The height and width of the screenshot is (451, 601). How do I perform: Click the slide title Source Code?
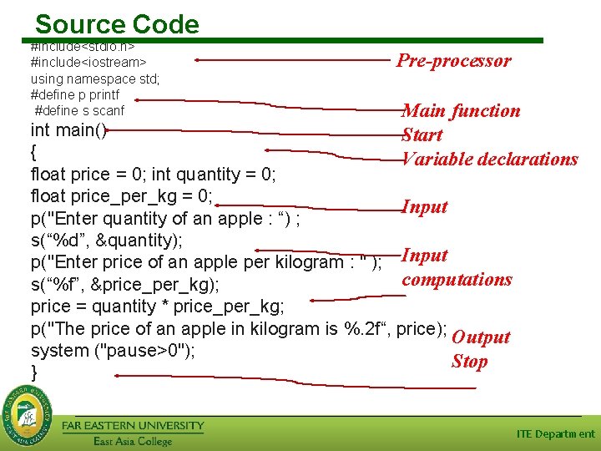tap(117, 24)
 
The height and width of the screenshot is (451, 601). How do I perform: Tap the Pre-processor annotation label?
tap(453, 60)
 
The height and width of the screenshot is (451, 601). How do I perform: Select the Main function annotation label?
tap(461, 110)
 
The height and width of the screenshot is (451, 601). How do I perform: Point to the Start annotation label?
tap(422, 134)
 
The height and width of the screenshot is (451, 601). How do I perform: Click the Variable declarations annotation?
tap(490, 159)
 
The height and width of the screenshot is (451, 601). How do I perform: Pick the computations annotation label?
tap(457, 279)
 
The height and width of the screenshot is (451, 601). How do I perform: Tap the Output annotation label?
tap(480, 337)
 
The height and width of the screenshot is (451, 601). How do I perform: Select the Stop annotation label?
tap(469, 361)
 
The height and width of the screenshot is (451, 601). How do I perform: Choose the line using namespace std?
tap(94, 79)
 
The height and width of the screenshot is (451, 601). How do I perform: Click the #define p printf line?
tap(76, 94)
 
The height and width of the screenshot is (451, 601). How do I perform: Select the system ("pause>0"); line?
tap(113, 351)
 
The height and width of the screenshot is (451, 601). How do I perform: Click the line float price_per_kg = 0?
tap(122, 197)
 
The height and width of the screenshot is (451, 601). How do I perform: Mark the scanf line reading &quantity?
tap(118, 241)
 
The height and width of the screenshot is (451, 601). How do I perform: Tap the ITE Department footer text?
tap(556, 433)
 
